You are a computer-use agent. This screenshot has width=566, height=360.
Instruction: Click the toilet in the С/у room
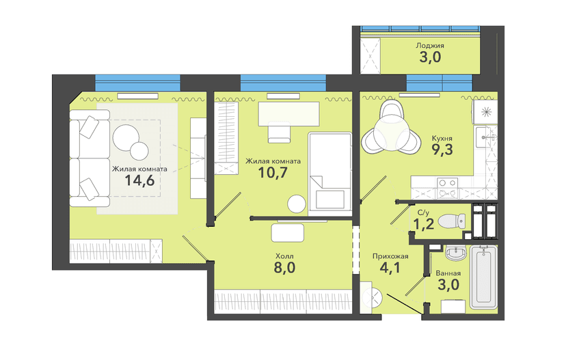tap(452, 221)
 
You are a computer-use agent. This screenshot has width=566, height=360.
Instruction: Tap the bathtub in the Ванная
tap(484, 277)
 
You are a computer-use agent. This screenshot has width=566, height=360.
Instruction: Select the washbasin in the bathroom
tap(456, 253)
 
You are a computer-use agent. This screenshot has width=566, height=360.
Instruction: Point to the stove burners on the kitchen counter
tap(448, 188)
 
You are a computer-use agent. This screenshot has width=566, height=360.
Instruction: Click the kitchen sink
tap(485, 137)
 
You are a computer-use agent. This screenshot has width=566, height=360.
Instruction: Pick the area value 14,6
tap(139, 180)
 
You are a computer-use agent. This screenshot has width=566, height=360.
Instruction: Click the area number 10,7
tap(273, 172)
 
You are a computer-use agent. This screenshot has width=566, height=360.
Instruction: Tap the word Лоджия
tap(430, 46)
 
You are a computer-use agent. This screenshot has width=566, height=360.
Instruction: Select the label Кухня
tap(442, 138)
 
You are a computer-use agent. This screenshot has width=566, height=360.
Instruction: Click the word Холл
tap(284, 256)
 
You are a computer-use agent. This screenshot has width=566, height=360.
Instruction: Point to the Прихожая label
tap(390, 256)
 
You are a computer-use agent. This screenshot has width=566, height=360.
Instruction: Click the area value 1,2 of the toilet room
tap(423, 224)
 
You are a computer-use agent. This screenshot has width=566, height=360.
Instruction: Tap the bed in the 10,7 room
tap(330, 174)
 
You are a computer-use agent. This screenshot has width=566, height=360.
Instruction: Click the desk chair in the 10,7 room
tap(280, 133)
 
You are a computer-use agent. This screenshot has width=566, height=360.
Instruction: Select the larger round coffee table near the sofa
tap(126, 137)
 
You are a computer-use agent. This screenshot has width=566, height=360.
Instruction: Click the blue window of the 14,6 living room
tap(137, 83)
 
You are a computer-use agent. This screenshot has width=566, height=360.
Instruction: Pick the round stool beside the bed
tap(297, 204)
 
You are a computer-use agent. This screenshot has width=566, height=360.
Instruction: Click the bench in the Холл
tap(288, 233)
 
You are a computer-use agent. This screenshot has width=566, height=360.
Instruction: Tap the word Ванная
tap(448, 273)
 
